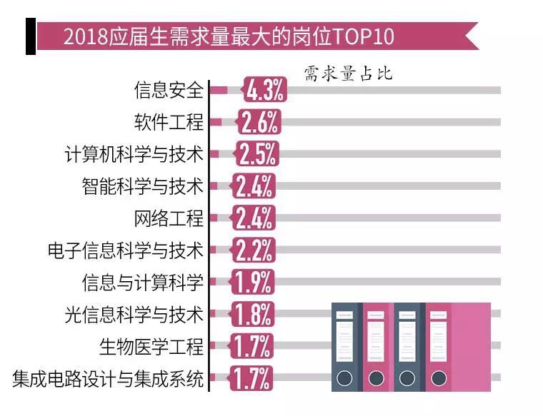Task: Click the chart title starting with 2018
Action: coord(229,36)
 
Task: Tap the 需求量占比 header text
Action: coord(348,74)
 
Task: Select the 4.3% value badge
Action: coord(265,90)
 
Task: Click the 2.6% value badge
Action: coord(259,122)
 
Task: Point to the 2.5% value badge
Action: coord(257,154)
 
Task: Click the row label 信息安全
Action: coord(169,90)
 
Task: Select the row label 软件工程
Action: coord(169,122)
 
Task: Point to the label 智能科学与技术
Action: coord(142,186)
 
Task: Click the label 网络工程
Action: coord(169,218)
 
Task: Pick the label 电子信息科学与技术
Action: coord(125,250)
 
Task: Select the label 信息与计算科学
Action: coord(142,283)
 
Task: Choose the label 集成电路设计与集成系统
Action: coord(108,378)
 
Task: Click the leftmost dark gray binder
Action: coord(346,347)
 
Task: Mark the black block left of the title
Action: coord(30,36)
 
